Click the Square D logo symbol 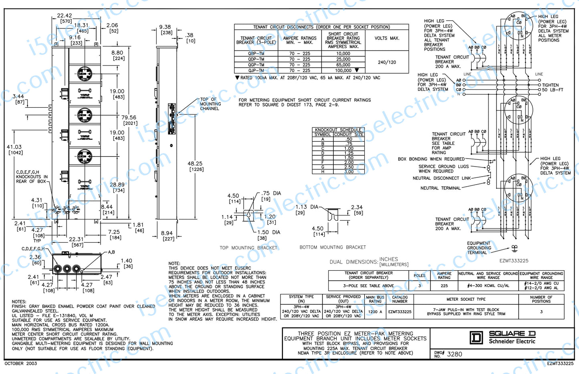coord(476,338)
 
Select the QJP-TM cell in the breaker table coord(256,70)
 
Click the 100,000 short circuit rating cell coord(343,70)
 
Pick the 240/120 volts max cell coord(387,62)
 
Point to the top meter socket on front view coord(85,74)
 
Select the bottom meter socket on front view coord(85,156)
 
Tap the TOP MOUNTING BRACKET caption coord(248,248)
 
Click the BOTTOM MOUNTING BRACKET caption coord(333,247)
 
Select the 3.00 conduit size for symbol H coord(349,172)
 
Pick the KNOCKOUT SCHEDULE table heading coord(338,130)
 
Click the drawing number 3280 coord(454,354)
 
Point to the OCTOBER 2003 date coord(21,364)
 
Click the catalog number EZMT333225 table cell coord(399,312)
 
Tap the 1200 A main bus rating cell coord(375,312)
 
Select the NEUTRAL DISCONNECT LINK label coord(442,178)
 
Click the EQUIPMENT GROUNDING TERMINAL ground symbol coord(514,248)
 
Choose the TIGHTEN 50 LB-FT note coord(553,87)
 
